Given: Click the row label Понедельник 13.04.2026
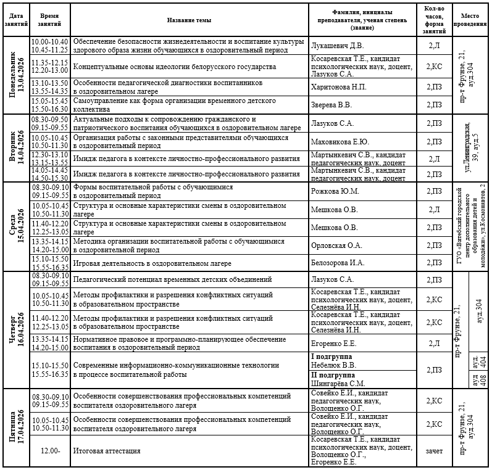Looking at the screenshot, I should (16, 75).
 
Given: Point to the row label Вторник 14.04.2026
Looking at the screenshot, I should (16, 148).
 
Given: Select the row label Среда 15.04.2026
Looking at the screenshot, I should (16, 226).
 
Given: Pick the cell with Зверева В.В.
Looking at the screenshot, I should (331, 105).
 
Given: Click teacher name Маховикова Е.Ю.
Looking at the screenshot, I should (341, 141).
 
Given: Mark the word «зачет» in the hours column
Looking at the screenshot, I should (434, 451).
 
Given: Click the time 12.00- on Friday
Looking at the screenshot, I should (50, 451).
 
